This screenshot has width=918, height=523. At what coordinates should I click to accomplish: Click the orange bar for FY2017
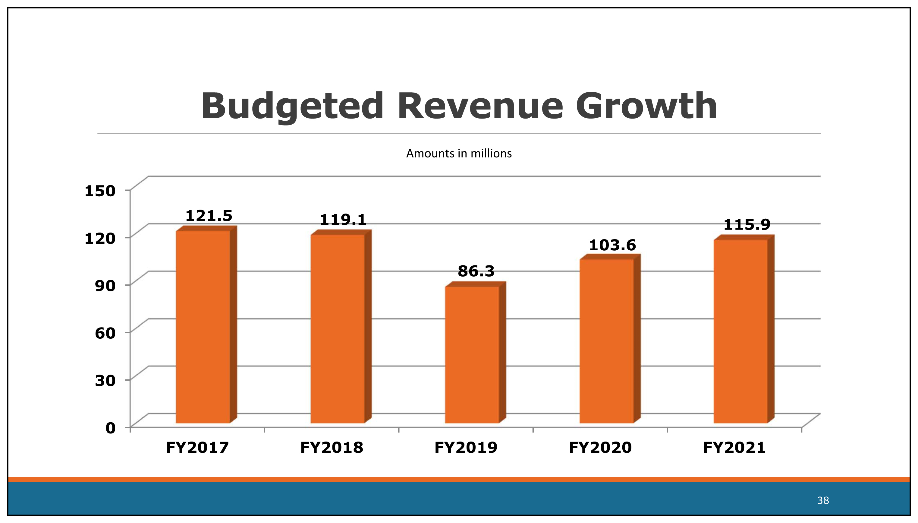point(203,327)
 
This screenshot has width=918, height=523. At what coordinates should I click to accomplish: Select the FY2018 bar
point(337,329)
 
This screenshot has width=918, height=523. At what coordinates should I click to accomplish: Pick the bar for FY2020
point(606,341)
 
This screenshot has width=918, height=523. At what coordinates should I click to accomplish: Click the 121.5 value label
point(209,216)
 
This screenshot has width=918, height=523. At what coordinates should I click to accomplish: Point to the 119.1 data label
point(343,220)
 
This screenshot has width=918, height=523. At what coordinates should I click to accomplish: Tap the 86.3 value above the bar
point(476,271)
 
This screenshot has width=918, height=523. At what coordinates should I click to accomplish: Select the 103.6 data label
point(612,245)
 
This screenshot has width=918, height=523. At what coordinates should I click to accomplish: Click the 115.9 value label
point(747,225)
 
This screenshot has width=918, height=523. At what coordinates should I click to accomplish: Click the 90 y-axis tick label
point(105,286)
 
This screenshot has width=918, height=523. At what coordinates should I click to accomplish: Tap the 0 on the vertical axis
point(111,428)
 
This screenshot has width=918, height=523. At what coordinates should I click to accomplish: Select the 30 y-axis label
point(105,380)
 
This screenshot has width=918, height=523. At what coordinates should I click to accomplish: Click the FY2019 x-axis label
point(466,448)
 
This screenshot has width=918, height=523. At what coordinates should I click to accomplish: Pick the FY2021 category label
point(734,448)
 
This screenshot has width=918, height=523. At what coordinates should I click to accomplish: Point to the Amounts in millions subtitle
point(459,154)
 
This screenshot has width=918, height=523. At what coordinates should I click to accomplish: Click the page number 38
point(823,500)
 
